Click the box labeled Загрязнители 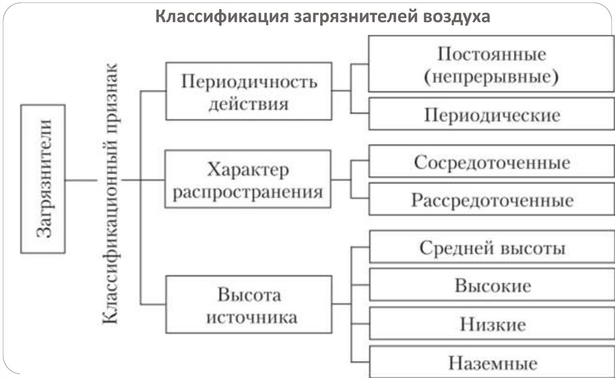pyautogui.click(x=43, y=178)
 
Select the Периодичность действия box pyautogui.click(x=249, y=91)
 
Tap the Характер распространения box pyautogui.click(x=248, y=179)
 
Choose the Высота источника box pyautogui.click(x=248, y=304)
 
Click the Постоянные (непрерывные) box pyautogui.click(x=491, y=64)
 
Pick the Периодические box pyautogui.click(x=491, y=114)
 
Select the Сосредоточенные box pyautogui.click(x=491, y=162)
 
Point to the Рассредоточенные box pyautogui.click(x=491, y=200)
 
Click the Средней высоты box pyautogui.click(x=491, y=247)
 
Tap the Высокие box pyautogui.click(x=491, y=285)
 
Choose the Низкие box pyautogui.click(x=491, y=324)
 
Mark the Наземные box pyautogui.click(x=491, y=362)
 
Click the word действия pyautogui.click(x=248, y=104)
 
